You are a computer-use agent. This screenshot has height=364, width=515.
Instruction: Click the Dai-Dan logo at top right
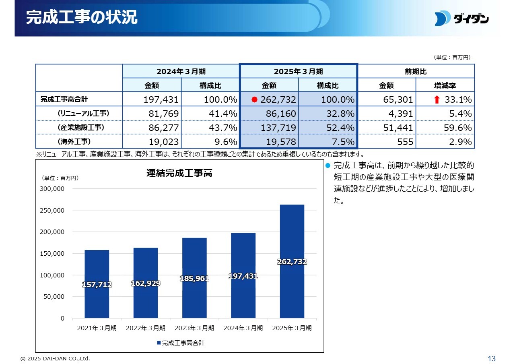pyautogui.click(x=461, y=19)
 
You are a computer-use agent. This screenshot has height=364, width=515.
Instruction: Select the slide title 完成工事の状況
pyautogui.click(x=82, y=18)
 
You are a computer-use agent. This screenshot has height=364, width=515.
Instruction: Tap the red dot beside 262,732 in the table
pyautogui.click(x=254, y=99)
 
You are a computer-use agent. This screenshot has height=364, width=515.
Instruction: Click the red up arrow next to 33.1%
pyautogui.click(x=437, y=99)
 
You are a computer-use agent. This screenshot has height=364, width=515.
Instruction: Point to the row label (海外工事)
pyautogui.click(x=74, y=141)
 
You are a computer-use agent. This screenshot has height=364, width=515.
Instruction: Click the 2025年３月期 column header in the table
pyautogui.click(x=298, y=71)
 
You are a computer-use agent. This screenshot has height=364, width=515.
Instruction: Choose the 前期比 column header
pyautogui.click(x=416, y=71)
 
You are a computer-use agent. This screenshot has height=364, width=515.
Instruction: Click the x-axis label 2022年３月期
pyautogui.click(x=145, y=328)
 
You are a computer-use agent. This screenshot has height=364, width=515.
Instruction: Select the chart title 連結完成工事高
pyautogui.click(x=179, y=173)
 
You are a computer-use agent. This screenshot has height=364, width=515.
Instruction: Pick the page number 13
pyautogui.click(x=491, y=358)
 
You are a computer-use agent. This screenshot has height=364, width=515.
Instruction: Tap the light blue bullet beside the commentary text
pyautogui.click(x=328, y=165)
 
